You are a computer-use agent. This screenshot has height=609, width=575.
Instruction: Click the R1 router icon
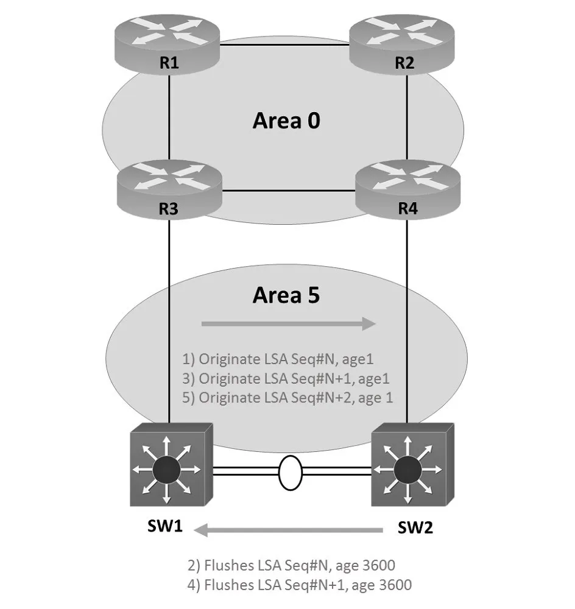pyautogui.click(x=168, y=44)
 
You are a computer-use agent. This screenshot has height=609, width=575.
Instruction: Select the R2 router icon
pyautogui.click(x=402, y=44)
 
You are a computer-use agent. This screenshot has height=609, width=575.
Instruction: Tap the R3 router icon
pyautogui.click(x=169, y=189)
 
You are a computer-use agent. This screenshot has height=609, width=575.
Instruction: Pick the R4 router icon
pyautogui.click(x=408, y=189)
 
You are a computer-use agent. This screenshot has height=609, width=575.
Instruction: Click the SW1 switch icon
pyautogui.click(x=171, y=465)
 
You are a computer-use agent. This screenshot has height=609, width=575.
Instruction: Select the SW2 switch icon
pyautogui.click(x=412, y=465)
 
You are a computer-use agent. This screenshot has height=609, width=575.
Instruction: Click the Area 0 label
pyautogui.click(x=286, y=121)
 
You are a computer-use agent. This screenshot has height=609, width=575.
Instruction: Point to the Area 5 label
pyautogui.click(x=286, y=295)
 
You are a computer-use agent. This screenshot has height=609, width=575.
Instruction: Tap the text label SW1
pyautogui.click(x=165, y=526)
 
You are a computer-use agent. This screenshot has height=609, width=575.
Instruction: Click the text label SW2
pyautogui.click(x=415, y=527)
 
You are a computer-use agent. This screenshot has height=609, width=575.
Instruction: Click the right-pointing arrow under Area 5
pyautogui.click(x=289, y=323)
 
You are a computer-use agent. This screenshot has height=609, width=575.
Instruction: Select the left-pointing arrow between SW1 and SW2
pyautogui.click(x=288, y=530)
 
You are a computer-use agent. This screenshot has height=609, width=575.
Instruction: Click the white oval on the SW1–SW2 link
pyautogui.click(x=290, y=473)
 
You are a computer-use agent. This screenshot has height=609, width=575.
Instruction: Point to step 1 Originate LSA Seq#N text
pyautogui.click(x=278, y=359)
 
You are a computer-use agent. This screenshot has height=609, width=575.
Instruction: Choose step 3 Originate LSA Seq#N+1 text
pyautogui.click(x=286, y=379)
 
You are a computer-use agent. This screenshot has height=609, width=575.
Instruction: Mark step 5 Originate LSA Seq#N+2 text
pyautogui.click(x=287, y=398)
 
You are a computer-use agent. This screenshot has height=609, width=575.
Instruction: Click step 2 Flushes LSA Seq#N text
pyautogui.click(x=291, y=566)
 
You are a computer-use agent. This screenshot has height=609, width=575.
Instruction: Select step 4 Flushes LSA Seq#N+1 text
pyautogui.click(x=300, y=585)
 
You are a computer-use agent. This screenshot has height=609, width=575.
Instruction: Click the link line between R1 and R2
pyautogui.click(x=285, y=44)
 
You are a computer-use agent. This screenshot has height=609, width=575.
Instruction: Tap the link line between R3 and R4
pyautogui.click(x=289, y=191)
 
